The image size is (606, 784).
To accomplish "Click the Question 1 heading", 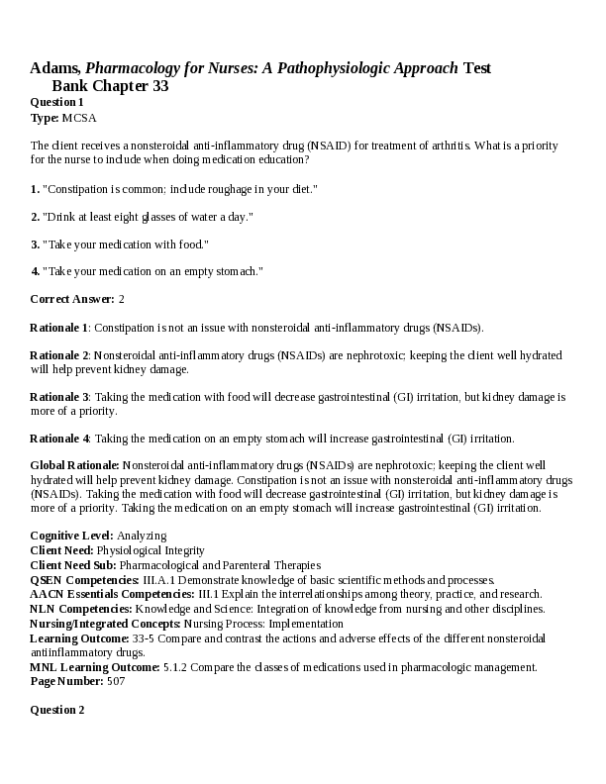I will (56, 102).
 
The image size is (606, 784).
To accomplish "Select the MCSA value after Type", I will (80, 117).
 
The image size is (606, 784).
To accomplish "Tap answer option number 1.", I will (35, 188).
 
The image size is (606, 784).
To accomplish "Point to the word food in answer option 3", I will (191, 244).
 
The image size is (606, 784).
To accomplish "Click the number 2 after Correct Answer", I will (121, 299).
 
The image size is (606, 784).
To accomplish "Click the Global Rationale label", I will (75, 464).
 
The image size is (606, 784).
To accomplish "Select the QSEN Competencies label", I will (85, 579).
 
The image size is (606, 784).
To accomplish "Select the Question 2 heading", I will (56, 710).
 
